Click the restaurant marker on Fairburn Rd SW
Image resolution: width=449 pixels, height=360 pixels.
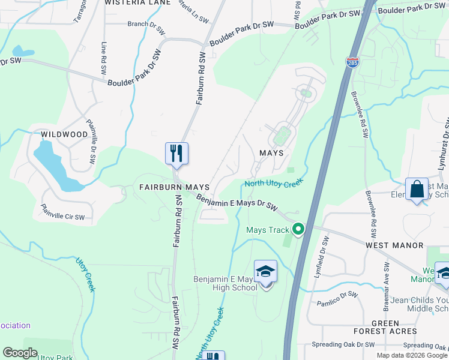click(x=176, y=154)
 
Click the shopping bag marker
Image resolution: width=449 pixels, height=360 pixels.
click(x=417, y=190)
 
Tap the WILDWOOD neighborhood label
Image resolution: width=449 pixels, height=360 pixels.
click(x=64, y=134)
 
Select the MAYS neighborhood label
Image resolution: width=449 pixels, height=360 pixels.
click(x=271, y=153)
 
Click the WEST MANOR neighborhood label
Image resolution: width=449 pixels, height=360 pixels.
click(x=395, y=245)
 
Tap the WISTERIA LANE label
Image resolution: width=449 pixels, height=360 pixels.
click(x=137, y=3)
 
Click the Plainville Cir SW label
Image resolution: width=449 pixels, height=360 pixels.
click(x=62, y=212)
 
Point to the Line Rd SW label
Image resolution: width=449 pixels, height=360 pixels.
click(x=104, y=58)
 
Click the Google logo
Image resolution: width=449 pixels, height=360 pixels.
click(x=20, y=353)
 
